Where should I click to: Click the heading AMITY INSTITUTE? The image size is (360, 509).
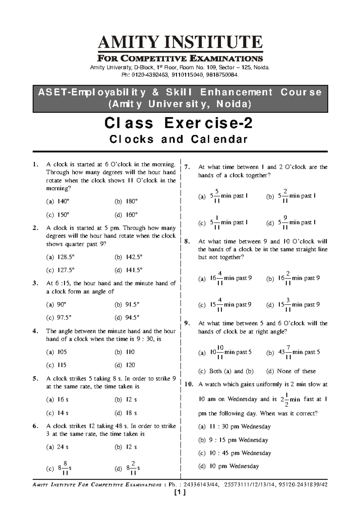(x=180, y=42)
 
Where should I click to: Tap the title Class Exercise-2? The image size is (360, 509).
(x=178, y=123)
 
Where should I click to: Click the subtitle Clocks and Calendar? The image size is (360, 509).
(x=178, y=139)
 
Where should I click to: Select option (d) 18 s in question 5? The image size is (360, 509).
(x=126, y=413)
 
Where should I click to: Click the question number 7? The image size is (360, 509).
(x=187, y=167)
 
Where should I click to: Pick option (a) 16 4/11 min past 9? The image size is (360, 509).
(x=225, y=278)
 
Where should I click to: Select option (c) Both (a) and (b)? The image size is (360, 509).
(x=226, y=371)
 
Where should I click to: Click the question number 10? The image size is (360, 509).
(x=189, y=384)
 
